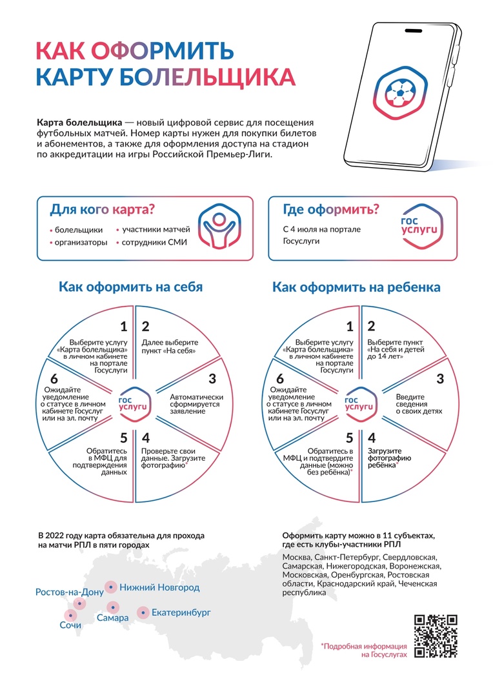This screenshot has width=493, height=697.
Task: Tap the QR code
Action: coord(436,636)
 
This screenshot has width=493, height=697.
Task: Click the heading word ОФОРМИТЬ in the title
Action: coord(162,50)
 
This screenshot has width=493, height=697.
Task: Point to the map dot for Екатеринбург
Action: coord(143,612)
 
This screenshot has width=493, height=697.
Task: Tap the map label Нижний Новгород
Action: coord(159,587)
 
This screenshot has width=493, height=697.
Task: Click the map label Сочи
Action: coord(70,625)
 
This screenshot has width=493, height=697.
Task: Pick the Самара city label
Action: coord(112,618)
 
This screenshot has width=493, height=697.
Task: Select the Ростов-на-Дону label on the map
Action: coord(69,592)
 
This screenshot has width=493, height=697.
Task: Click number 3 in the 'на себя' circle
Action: coord(212,379)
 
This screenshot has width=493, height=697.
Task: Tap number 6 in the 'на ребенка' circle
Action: coord(279,379)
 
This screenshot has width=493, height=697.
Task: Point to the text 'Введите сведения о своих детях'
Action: coord(419,404)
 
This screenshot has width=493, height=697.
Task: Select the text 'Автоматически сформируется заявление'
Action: coord(196,404)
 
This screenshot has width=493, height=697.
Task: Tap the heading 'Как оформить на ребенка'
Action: coord(356,287)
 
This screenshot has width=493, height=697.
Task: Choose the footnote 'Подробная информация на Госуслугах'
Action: coord(364,651)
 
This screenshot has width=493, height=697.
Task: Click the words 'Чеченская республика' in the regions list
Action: coord(359,588)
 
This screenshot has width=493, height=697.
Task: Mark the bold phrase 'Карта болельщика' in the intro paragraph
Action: coord(79,122)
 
